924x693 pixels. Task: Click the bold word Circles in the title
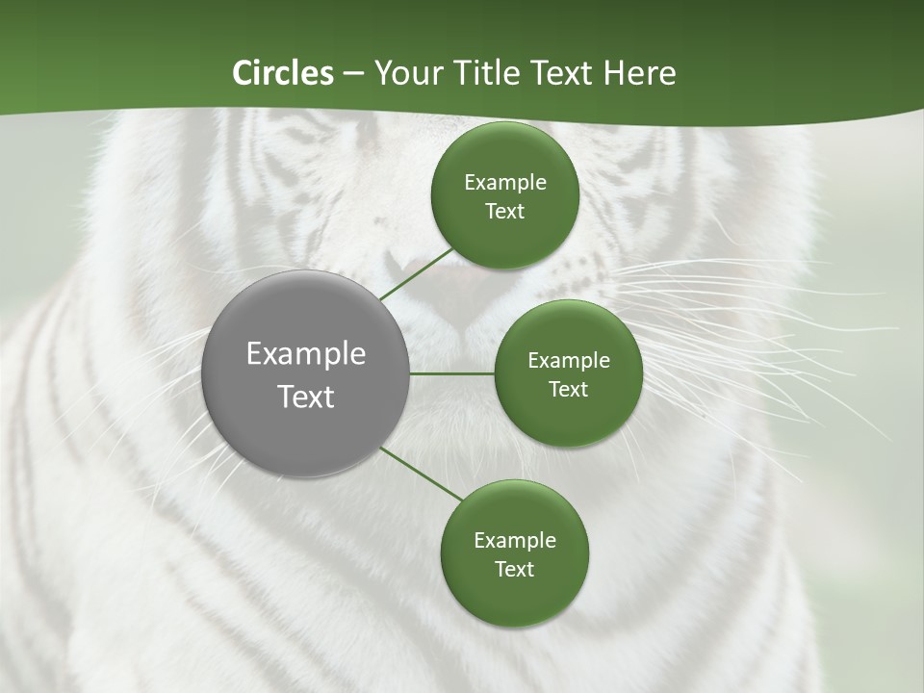[282, 73]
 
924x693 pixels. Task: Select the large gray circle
[306, 373]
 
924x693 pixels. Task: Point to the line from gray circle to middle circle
[452, 373]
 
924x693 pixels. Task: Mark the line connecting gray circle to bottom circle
[422, 474]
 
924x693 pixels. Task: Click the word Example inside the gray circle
[306, 353]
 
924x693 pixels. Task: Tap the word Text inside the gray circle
[306, 397]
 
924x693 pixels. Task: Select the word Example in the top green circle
[504, 183]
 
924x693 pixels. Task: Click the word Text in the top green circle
[504, 211]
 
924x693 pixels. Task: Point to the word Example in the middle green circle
[568, 361]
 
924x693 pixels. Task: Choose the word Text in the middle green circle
[568, 389]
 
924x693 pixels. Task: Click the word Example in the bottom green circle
[514, 540]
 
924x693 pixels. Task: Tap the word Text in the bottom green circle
[514, 569]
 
